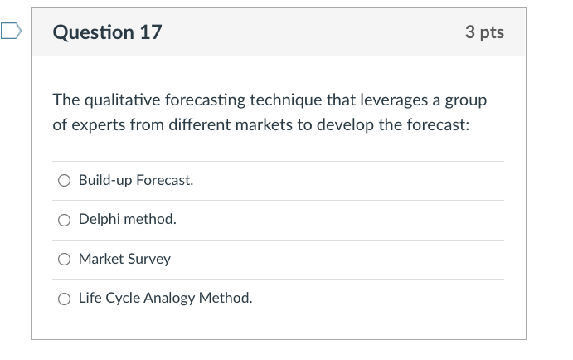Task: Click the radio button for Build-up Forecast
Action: tap(65, 181)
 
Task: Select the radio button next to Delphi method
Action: tap(65, 220)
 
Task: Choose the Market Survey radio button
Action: tap(65, 260)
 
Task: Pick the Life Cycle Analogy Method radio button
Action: tap(65, 299)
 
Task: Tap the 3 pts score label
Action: tap(484, 32)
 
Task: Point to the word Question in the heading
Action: tap(91, 32)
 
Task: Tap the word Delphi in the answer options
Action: tap(99, 220)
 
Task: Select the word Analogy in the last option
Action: tap(169, 299)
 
